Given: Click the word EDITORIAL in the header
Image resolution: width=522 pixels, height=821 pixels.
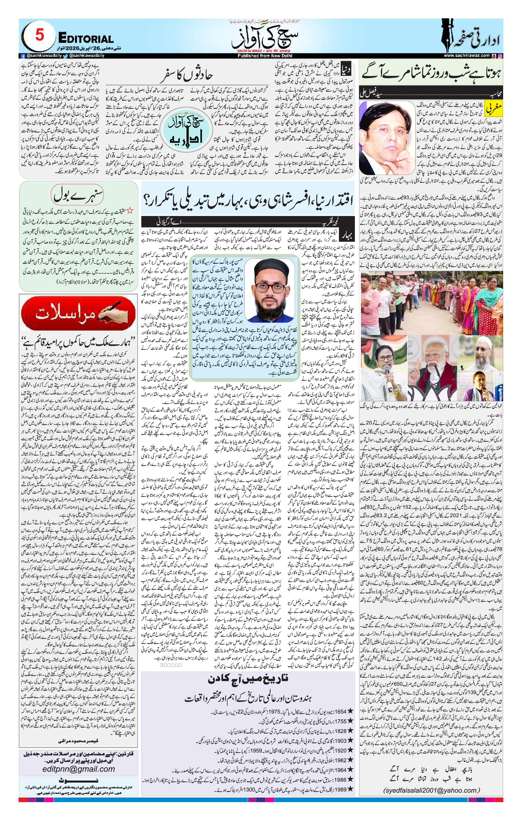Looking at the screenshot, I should point(86,38).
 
